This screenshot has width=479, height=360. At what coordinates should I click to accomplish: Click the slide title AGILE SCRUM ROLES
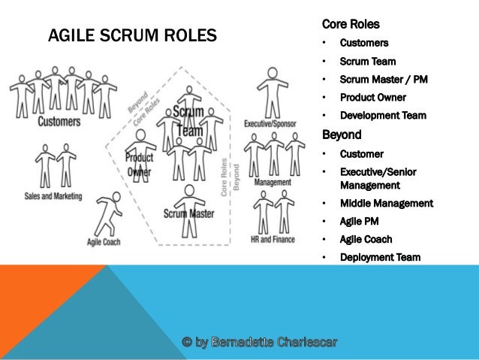132,35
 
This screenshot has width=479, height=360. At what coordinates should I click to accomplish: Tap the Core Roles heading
351,24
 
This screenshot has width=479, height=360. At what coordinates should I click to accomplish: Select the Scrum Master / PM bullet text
383,79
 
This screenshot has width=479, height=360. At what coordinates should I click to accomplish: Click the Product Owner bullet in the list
372,97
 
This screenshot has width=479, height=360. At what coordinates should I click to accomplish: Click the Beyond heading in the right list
342,135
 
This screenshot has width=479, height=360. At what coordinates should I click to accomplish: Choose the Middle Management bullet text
386,203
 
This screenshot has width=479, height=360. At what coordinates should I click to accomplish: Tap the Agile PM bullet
360,222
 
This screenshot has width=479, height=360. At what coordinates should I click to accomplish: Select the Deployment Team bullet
380,258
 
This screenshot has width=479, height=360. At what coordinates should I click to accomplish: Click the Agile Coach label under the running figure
104,242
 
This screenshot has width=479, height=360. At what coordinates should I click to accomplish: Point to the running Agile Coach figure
110,215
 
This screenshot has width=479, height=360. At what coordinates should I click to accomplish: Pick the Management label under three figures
273,182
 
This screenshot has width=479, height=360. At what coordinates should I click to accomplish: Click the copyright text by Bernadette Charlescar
260,343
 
